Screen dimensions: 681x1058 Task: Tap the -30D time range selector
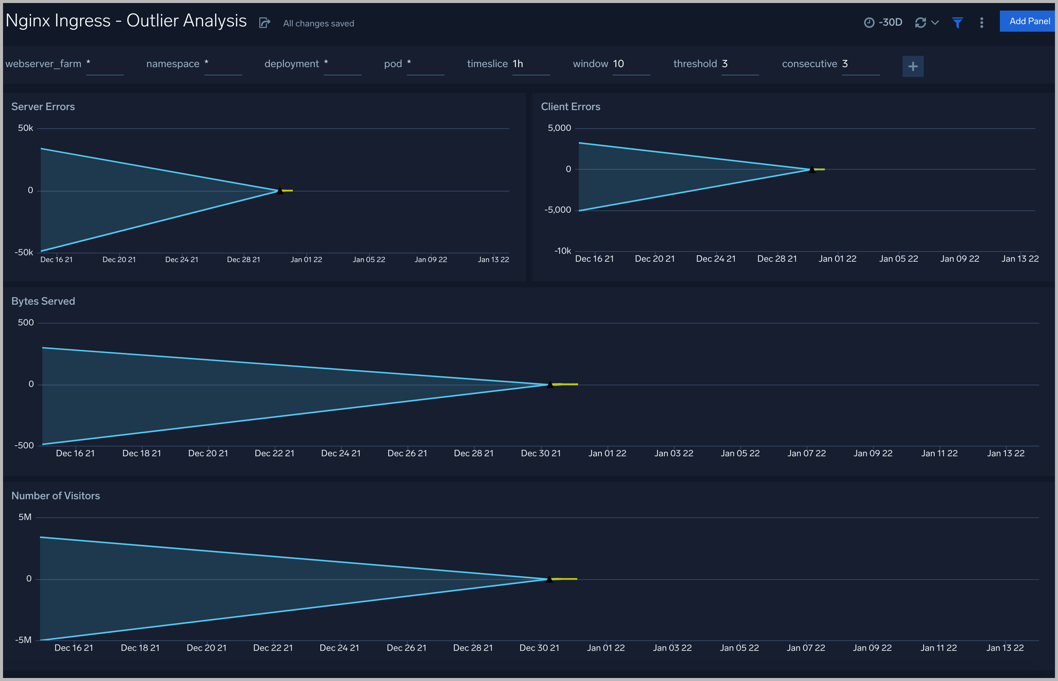coord(884,23)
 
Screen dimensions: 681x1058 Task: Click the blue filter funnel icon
coord(957,23)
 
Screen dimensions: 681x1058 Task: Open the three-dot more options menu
coord(981,23)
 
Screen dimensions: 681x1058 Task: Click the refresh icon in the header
coord(920,23)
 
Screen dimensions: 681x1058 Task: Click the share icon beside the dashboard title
coord(264,23)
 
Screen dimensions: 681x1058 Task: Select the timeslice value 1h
coord(518,64)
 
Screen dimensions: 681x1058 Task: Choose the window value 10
coord(618,64)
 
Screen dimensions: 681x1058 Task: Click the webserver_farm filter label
coord(43,64)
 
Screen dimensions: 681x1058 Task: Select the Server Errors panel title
coord(43,107)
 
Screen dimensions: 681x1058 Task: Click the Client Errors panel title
coord(571,107)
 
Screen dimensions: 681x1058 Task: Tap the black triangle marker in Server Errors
coord(280,190)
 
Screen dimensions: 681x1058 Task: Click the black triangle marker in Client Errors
coord(812,169)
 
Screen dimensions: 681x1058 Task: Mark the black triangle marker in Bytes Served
coord(550,384)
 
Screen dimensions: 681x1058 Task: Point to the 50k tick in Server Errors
coord(25,128)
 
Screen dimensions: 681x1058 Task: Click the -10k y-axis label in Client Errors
coord(563,251)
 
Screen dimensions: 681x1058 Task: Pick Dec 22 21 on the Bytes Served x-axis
coord(274,453)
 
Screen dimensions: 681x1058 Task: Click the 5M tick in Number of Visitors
coord(25,517)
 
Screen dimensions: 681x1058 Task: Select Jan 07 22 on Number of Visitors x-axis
coord(806,648)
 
